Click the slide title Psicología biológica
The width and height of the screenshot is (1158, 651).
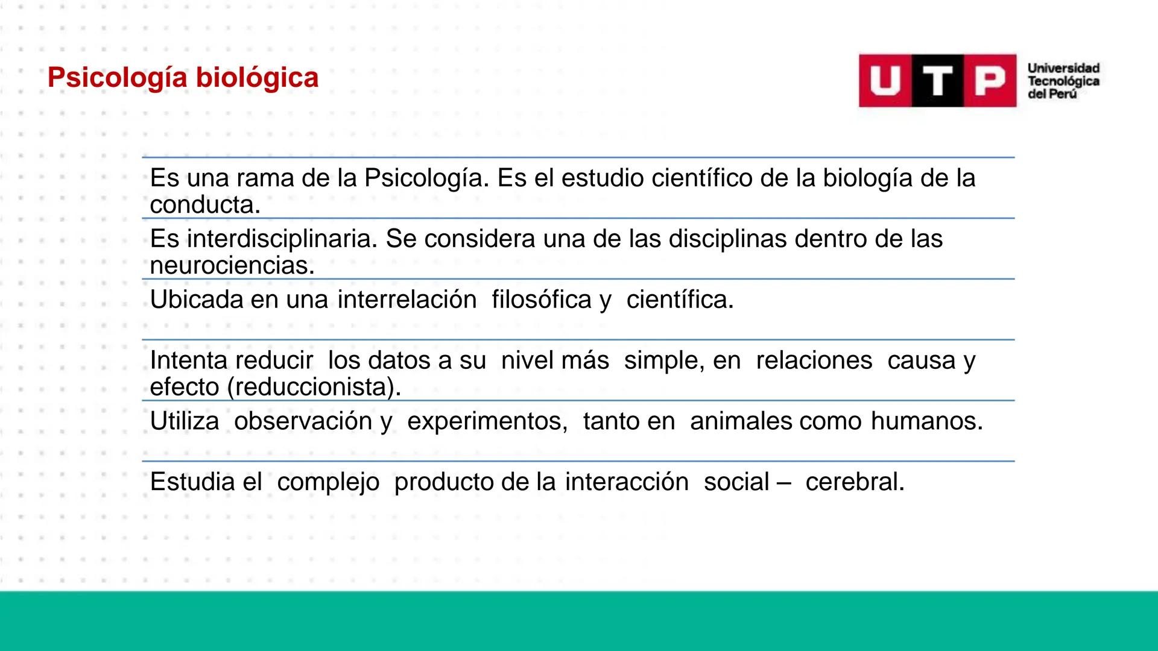[x=183, y=78]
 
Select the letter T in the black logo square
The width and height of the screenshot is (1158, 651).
[x=937, y=81]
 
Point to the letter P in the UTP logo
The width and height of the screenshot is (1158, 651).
[x=990, y=81]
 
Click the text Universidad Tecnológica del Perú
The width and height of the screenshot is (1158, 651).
[x=1063, y=81]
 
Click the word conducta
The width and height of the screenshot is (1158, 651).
[x=205, y=205]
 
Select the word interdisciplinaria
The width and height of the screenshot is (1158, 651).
[x=281, y=239]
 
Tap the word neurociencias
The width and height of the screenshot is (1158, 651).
[x=232, y=265]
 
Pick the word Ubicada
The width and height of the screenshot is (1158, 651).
[x=196, y=300]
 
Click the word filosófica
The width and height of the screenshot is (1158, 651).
[x=542, y=300]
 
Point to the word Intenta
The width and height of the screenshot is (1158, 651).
[x=188, y=360]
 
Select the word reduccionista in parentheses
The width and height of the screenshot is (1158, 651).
[x=314, y=387]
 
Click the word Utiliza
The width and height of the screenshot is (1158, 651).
[x=185, y=421]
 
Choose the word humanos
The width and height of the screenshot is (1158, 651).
[x=926, y=421]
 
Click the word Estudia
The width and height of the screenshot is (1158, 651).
[x=192, y=482]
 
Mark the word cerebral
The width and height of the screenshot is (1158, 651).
[x=855, y=482]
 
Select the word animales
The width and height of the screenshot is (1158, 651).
[x=741, y=421]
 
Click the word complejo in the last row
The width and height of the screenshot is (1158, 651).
[x=328, y=482]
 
